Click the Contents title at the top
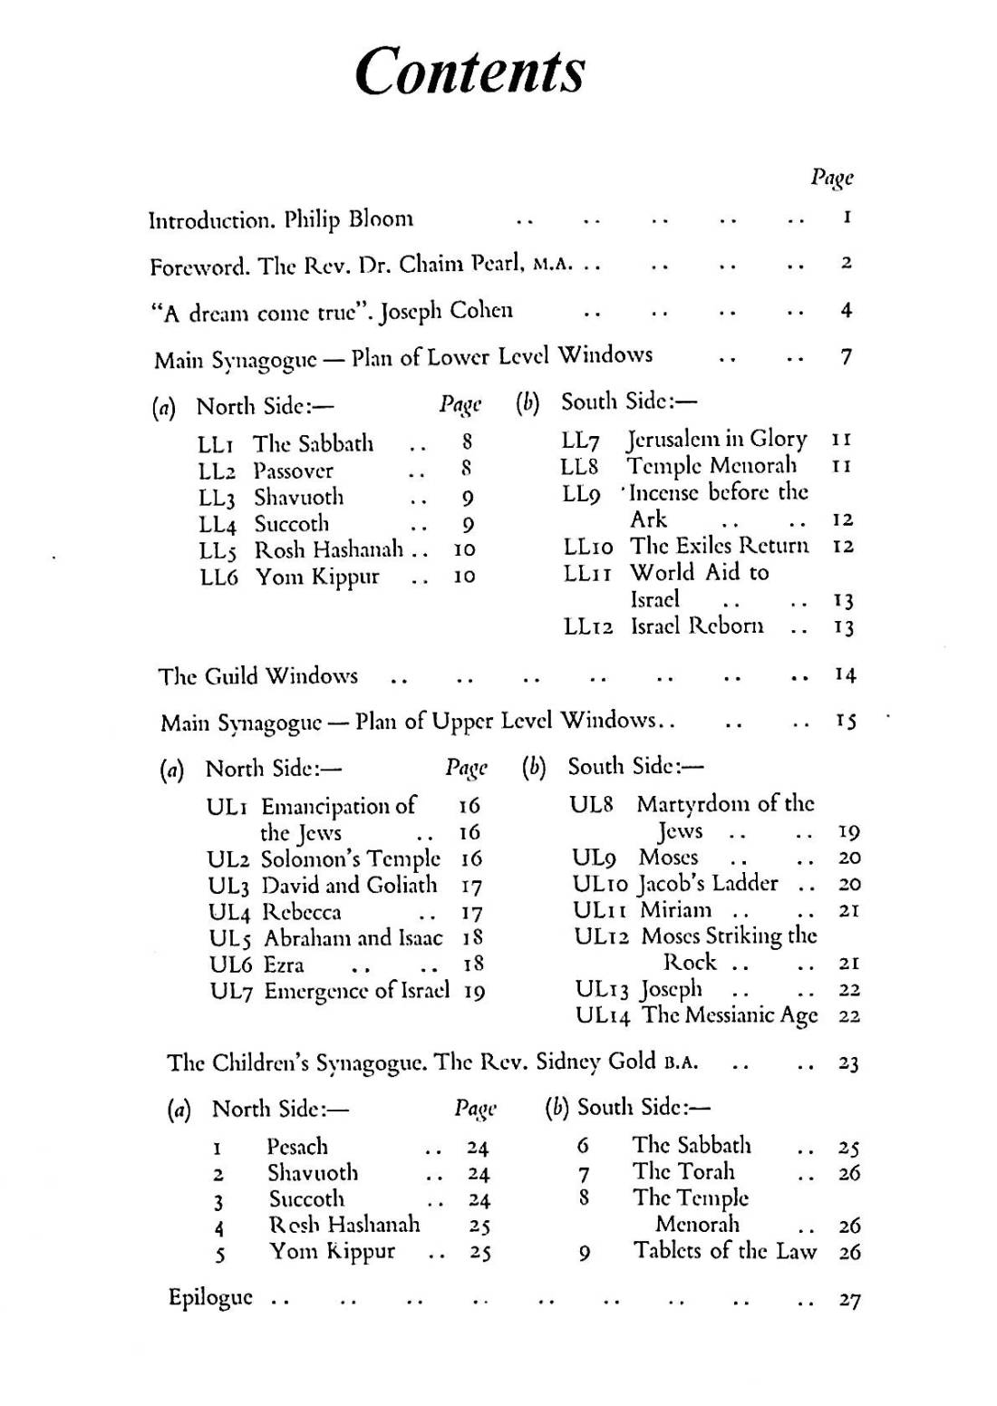(x=469, y=71)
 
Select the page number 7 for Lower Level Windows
(x=846, y=357)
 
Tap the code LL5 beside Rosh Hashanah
(x=218, y=551)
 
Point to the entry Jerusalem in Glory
(x=716, y=440)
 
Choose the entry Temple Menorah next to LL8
(x=711, y=466)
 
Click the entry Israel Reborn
(x=697, y=626)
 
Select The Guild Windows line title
(x=258, y=676)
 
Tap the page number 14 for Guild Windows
(x=845, y=675)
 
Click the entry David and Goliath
(x=349, y=885)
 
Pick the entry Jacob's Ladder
(x=708, y=884)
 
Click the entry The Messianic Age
(x=730, y=1015)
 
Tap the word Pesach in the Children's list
(x=297, y=1147)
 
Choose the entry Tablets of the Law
(x=724, y=1251)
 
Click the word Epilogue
(x=210, y=1298)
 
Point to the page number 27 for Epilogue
(x=848, y=1301)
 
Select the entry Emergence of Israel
(x=356, y=991)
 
